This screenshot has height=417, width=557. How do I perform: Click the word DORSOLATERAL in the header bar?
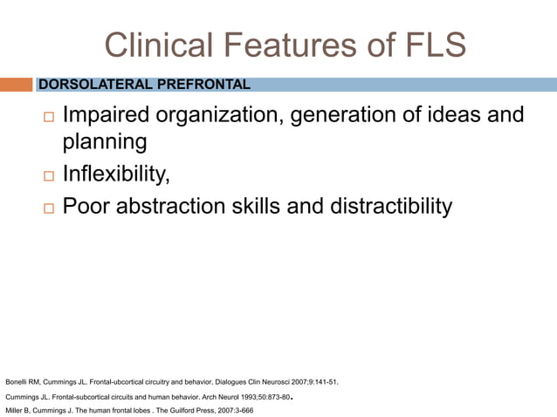[91, 85]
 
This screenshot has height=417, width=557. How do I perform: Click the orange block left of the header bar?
[17, 85]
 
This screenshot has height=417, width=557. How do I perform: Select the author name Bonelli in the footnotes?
[18, 382]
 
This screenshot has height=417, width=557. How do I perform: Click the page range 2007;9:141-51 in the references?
[308, 382]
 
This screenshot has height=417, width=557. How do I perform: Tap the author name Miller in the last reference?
[16, 410]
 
